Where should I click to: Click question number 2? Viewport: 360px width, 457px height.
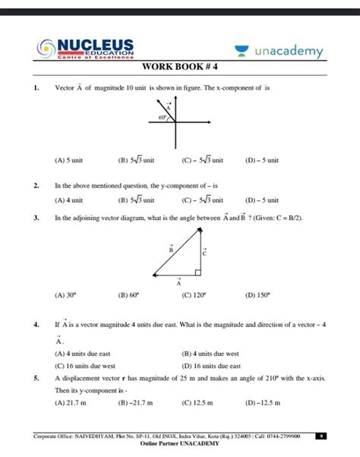[36, 184]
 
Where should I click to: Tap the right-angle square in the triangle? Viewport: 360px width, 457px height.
[197, 272]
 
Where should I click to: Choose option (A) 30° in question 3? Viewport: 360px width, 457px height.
[66, 296]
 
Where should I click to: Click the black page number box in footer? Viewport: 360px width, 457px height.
[322, 437]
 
